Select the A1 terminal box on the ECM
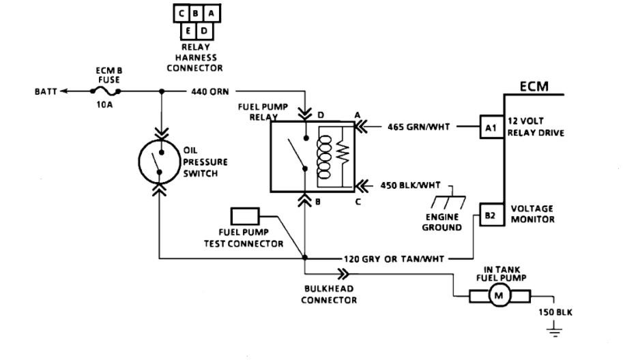(491, 127)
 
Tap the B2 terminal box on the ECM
(490, 215)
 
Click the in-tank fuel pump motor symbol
(498, 296)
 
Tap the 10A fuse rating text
(106, 106)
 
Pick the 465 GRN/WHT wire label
(419, 127)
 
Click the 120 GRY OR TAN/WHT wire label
(396, 259)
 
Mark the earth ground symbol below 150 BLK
(554, 333)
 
